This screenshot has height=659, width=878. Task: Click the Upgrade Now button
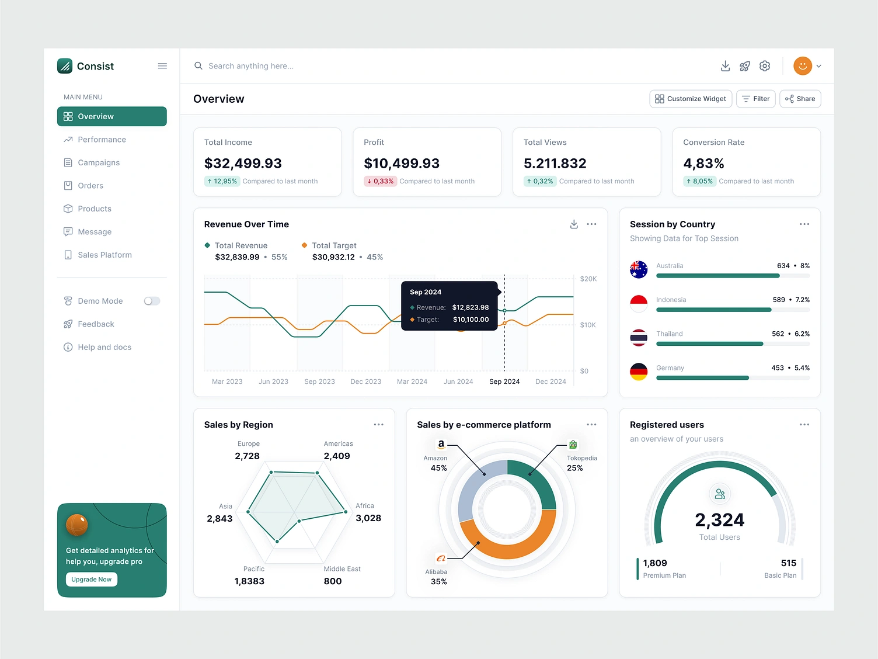(92, 579)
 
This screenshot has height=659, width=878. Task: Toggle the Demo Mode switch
(152, 301)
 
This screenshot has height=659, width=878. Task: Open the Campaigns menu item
(99, 162)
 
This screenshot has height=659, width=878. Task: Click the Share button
(800, 99)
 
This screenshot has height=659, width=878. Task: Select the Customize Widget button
(691, 99)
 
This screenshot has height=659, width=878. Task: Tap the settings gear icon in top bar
(765, 66)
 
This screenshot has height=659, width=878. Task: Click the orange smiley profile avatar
(803, 66)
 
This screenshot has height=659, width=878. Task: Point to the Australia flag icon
(639, 269)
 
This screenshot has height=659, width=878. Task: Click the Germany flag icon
(639, 372)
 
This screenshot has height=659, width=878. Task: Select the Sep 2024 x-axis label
(504, 381)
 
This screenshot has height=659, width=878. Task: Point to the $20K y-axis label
(588, 279)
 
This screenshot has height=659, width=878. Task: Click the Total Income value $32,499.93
(243, 164)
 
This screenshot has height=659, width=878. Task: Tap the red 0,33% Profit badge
(380, 181)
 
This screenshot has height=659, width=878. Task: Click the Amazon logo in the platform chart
(441, 445)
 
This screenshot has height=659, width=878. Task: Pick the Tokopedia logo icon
(573, 445)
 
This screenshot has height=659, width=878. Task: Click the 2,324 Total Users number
(719, 519)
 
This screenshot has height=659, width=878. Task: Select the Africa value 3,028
(368, 518)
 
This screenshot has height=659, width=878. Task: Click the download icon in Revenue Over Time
(574, 224)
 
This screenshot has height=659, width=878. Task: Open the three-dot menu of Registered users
(804, 425)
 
